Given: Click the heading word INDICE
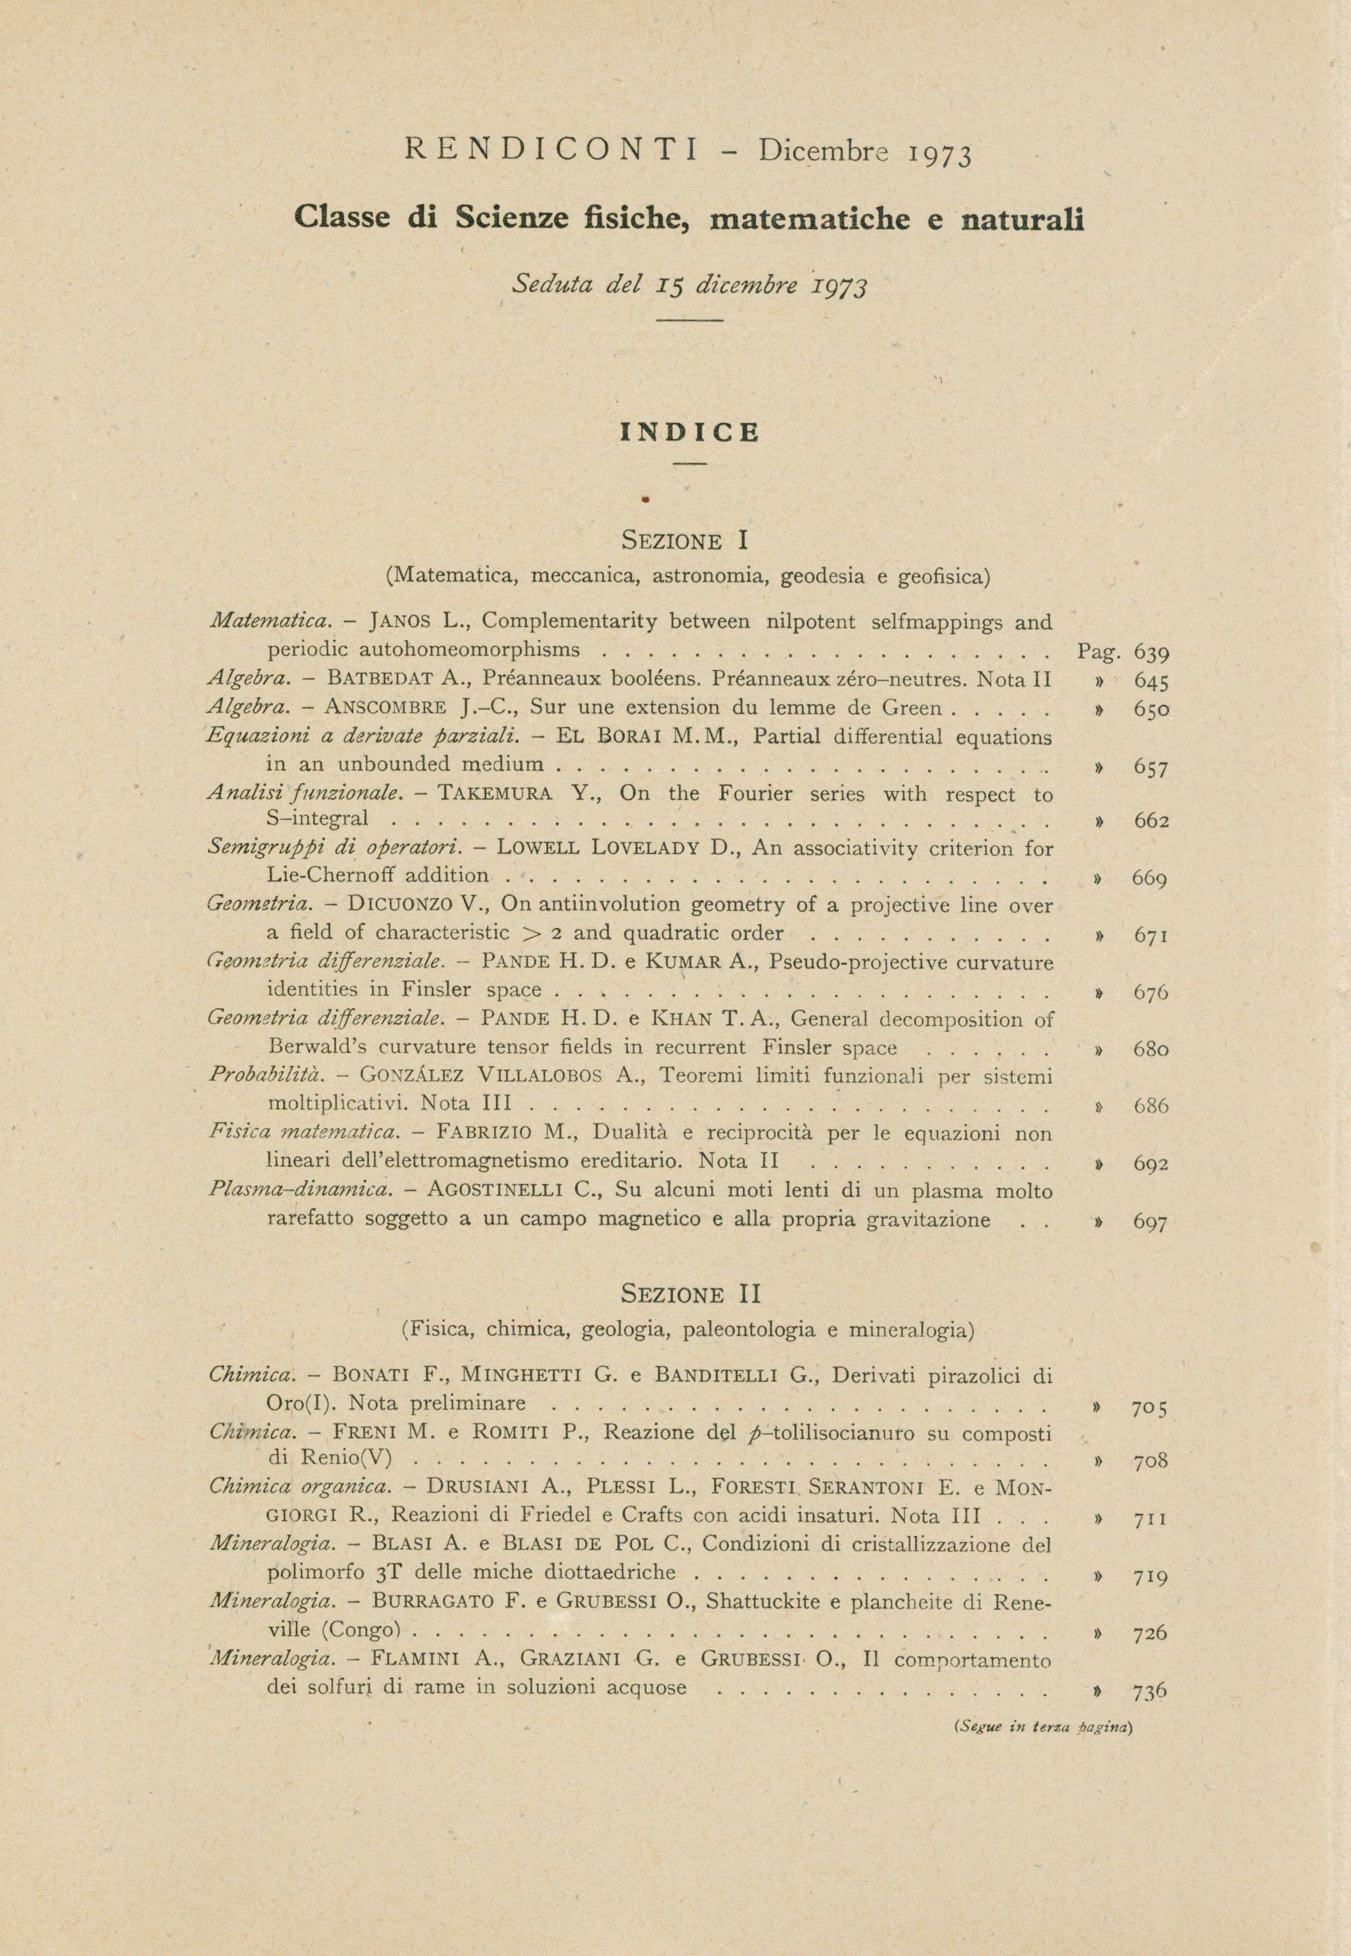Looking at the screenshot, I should pos(690,433).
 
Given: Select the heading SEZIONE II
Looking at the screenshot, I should pos(691,1294).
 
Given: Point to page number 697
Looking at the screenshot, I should pos(1150,1222).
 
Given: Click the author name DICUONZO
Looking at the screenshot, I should pos(408,905).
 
